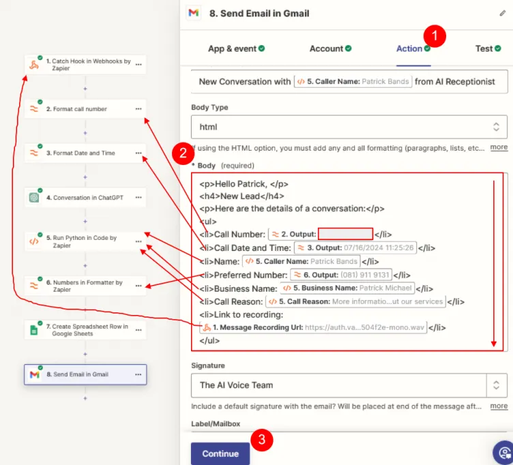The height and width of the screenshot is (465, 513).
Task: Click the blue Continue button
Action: pyautogui.click(x=220, y=453)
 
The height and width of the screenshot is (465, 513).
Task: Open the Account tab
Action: pyautogui.click(x=326, y=48)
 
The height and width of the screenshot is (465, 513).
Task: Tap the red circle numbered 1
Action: pyautogui.click(x=435, y=35)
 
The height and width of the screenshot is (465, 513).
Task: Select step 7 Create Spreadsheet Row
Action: pyautogui.click(x=85, y=330)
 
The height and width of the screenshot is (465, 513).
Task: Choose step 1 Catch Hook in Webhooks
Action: pyautogui.click(x=85, y=65)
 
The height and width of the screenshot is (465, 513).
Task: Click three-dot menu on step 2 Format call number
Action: pyautogui.click(x=138, y=109)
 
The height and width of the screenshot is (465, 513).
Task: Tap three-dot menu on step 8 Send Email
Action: pyautogui.click(x=138, y=374)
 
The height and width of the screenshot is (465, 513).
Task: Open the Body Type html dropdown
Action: pyautogui.click(x=349, y=127)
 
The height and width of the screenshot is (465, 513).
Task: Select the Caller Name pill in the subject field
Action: pyautogui.click(x=353, y=81)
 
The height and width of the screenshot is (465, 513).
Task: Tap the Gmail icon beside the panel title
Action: pyautogui.click(x=194, y=13)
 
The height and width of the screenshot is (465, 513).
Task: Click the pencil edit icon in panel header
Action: pyautogui.click(x=503, y=13)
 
